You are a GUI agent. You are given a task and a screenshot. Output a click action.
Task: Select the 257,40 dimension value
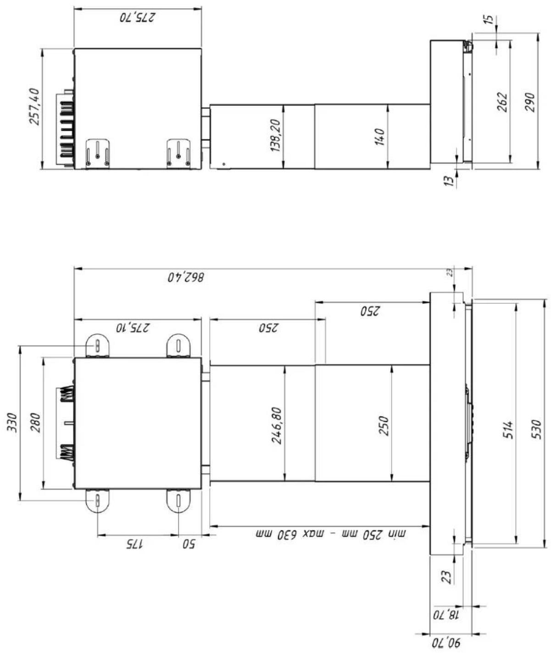pos(34,106)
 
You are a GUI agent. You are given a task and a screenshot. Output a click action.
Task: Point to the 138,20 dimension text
pos(275,135)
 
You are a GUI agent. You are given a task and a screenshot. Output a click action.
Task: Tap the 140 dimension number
pos(379,137)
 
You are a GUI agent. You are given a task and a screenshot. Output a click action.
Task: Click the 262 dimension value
pos(502,102)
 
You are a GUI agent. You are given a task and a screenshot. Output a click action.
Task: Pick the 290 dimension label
pos(530,102)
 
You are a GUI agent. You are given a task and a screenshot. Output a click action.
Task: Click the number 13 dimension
pos(448,180)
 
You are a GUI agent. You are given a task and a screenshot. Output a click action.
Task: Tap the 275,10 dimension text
pos(133,328)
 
